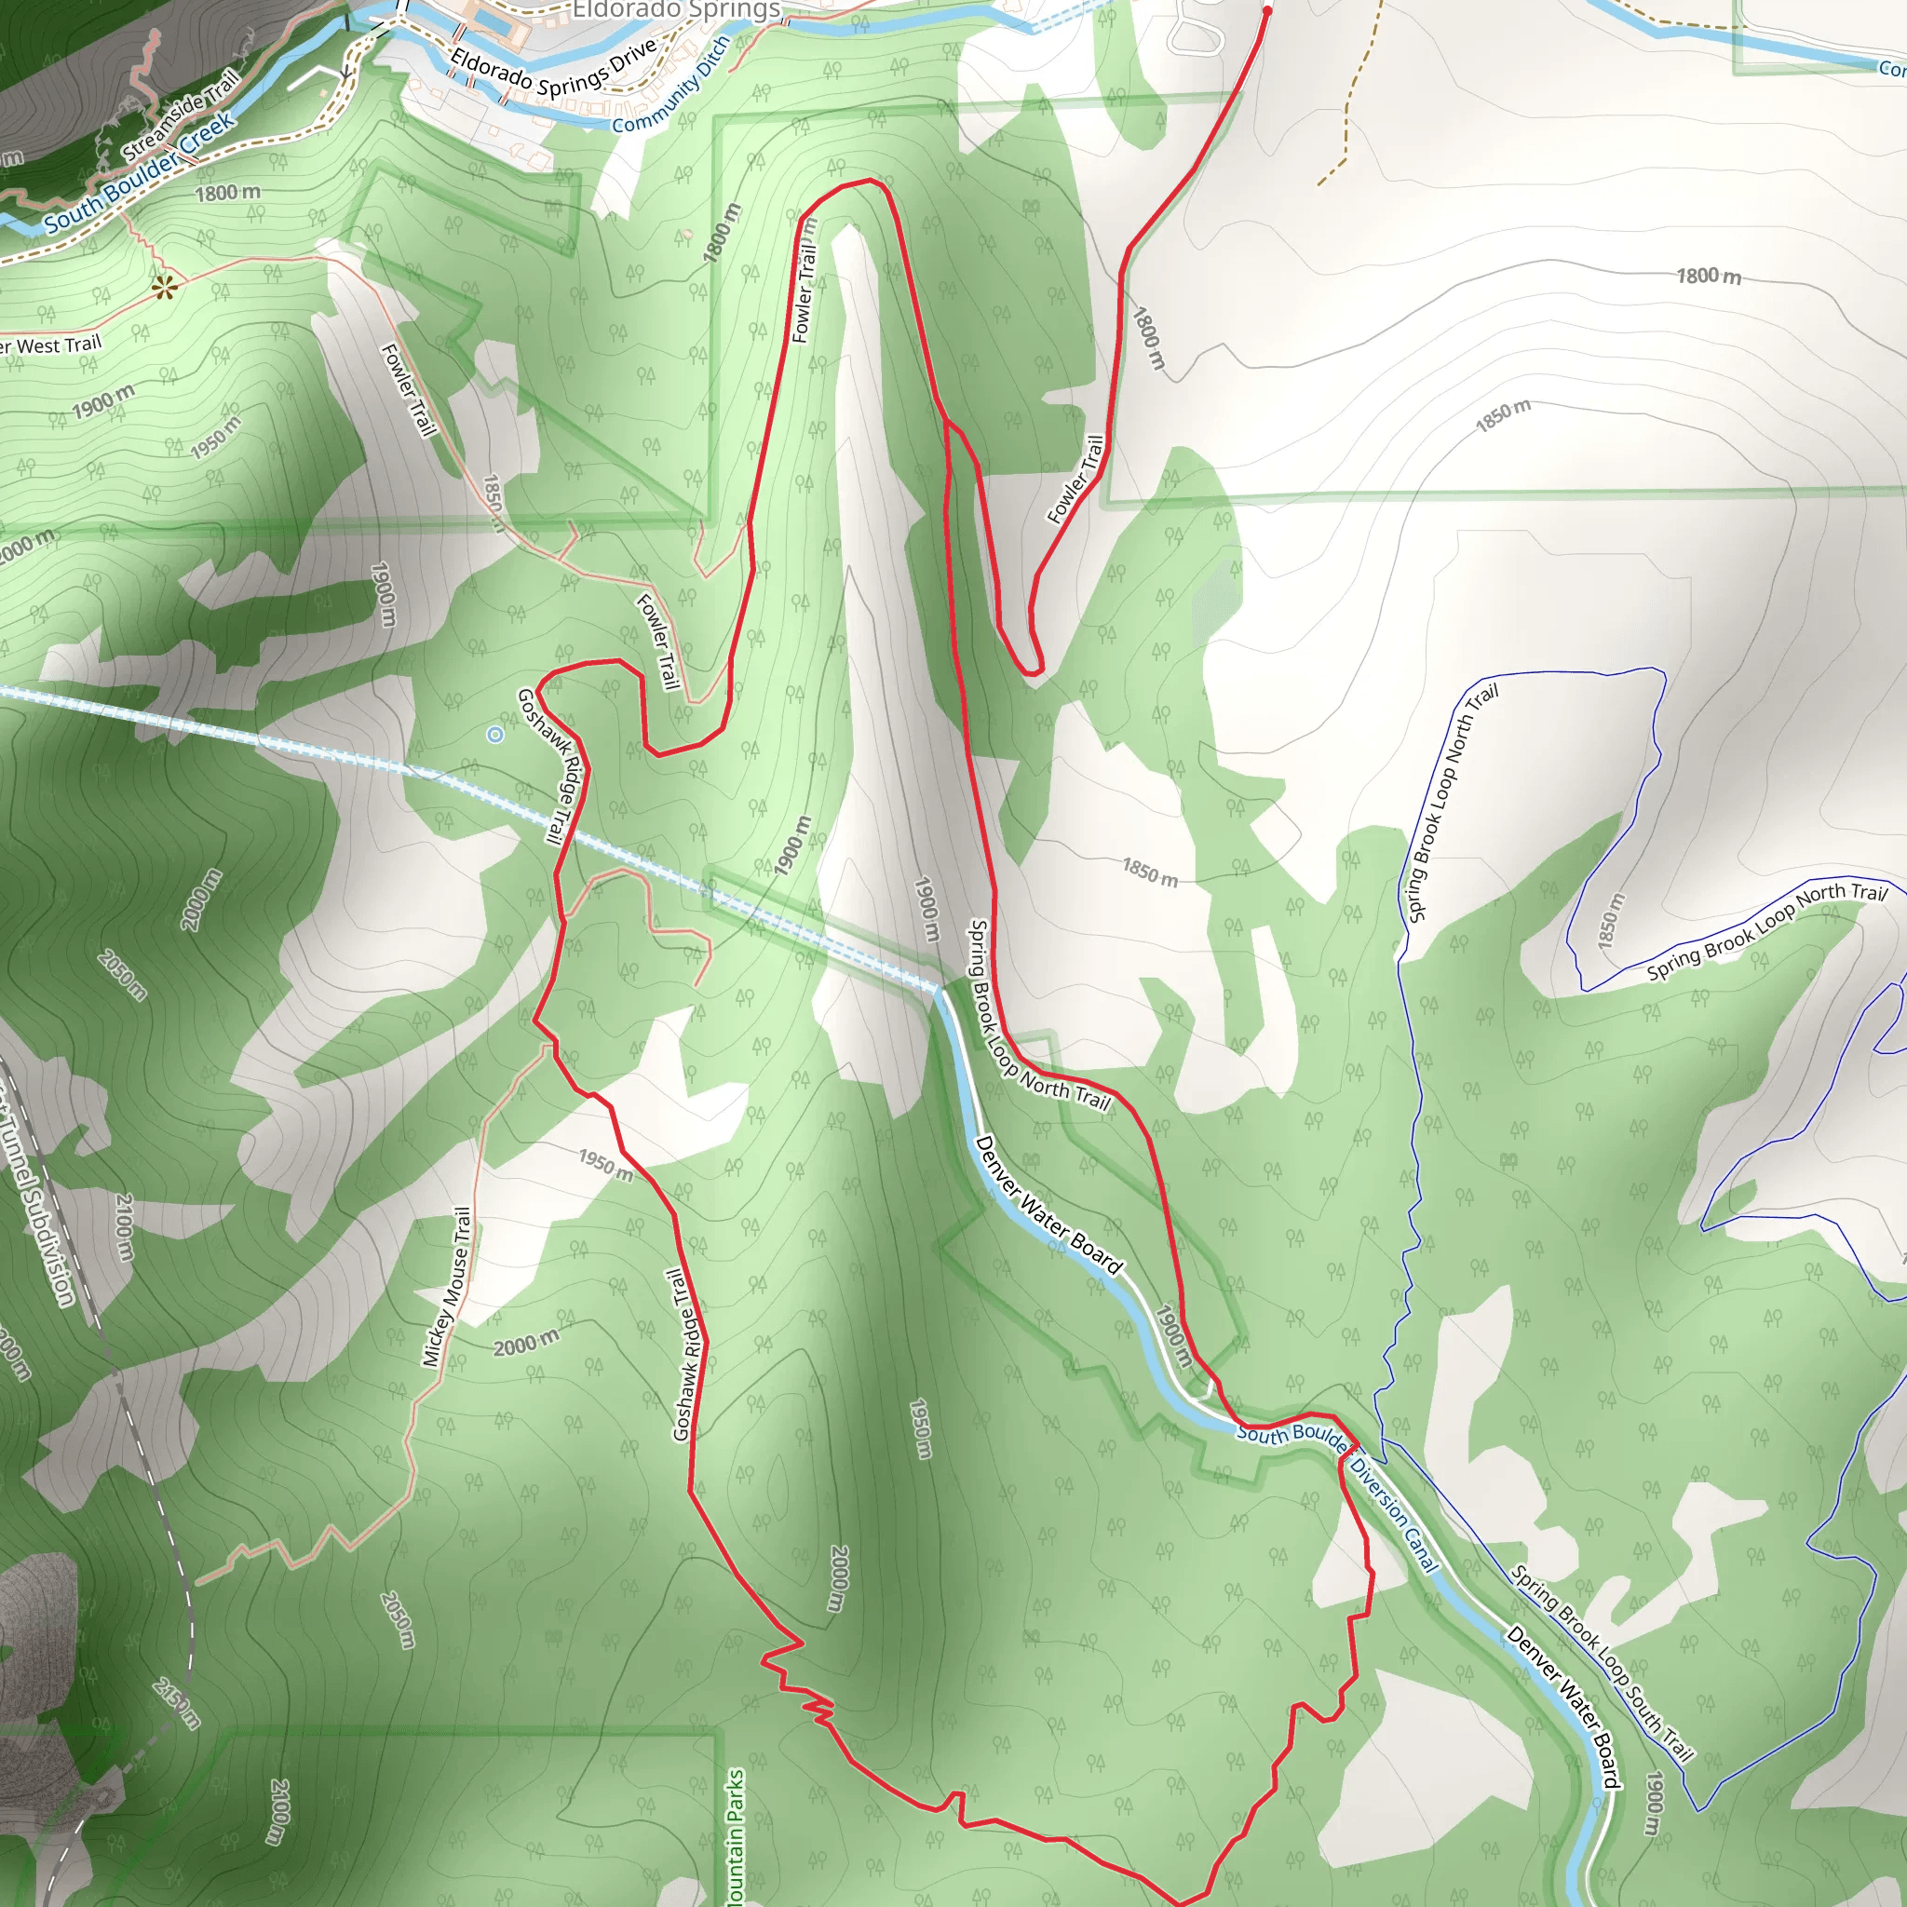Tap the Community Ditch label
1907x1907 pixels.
tap(671, 87)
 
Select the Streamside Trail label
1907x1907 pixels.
tap(181, 115)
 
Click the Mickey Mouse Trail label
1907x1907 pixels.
tap(447, 1287)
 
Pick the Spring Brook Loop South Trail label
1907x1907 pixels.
tap(1601, 1663)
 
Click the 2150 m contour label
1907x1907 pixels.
tap(177, 1703)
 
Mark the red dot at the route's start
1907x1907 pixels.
tap(1267, 12)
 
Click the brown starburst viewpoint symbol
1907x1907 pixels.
tap(165, 287)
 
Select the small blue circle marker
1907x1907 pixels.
tap(495, 735)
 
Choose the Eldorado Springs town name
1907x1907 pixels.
tap(676, 10)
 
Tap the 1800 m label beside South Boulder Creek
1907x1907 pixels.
tap(228, 193)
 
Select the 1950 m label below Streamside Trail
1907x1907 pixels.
tap(215, 438)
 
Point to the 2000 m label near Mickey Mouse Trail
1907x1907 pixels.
tap(526, 1344)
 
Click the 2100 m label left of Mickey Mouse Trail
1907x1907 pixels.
tap(125, 1227)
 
